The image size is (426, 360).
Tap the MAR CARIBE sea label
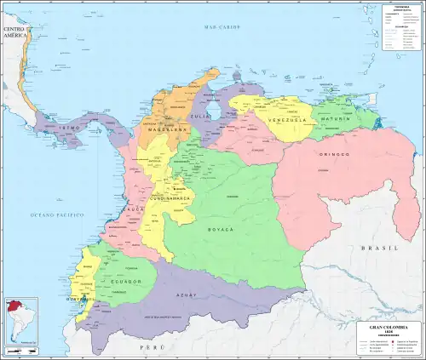coord(219,28)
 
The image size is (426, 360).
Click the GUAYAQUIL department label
coord(77,300)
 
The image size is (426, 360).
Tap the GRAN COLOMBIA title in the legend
coord(387,327)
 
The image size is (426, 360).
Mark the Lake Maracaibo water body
coord(216,110)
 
